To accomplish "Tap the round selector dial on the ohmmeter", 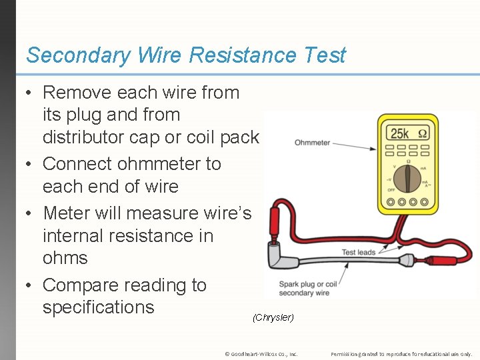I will (407, 177).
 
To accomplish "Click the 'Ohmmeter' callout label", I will (312, 143).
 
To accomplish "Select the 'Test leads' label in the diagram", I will (358, 252).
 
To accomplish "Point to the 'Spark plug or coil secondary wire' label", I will (303, 289).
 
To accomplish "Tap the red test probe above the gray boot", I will (273, 223).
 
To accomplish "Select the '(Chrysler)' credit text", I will (273, 317).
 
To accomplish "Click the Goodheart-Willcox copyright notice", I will (261, 354).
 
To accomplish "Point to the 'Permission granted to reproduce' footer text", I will (401, 354).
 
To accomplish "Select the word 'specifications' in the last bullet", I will (98, 307).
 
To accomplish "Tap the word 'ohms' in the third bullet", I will (65, 258).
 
